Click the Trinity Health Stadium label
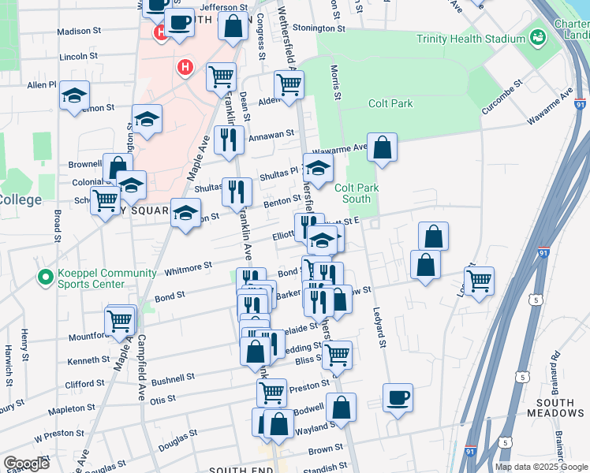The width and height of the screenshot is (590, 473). pos(471,38)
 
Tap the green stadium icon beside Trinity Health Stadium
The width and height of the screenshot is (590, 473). pos(537,37)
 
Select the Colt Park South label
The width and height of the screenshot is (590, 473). pos(357,193)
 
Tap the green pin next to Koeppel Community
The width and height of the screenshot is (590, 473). pos(44,277)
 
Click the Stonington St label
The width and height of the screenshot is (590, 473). pos(319,28)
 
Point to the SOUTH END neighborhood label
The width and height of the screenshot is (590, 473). pos(241,469)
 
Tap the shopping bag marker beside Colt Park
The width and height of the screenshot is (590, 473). pos(382,147)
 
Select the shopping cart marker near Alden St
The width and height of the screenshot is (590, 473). pos(289,84)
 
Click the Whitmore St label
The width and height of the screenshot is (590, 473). pos(187,266)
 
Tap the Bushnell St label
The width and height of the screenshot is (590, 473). pos(174,378)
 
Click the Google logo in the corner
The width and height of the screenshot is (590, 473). pos(26,464)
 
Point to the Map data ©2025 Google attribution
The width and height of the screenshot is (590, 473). pos(540,467)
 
